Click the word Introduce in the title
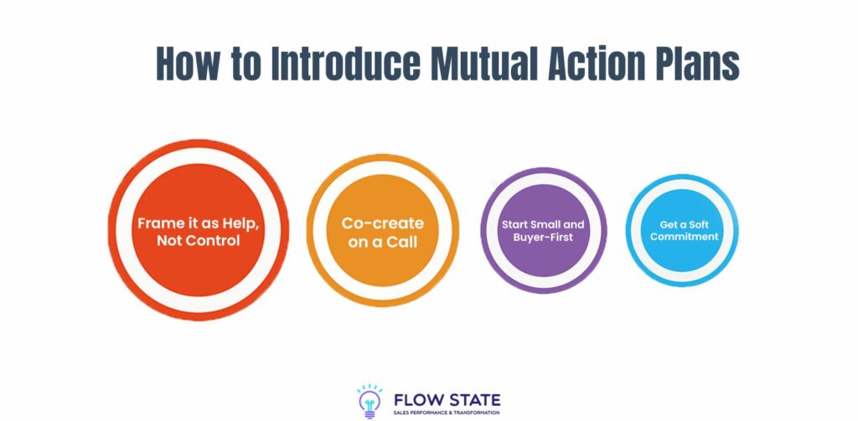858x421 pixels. [x=346, y=64]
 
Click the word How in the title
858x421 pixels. [x=184, y=64]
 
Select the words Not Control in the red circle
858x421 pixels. [x=198, y=240]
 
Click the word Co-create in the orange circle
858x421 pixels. [x=382, y=223]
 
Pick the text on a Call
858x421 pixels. [x=382, y=242]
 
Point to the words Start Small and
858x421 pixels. [x=543, y=224]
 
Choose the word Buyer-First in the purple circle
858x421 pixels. [x=543, y=238]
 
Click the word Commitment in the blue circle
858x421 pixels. [x=684, y=237]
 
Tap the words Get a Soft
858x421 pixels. [x=684, y=224]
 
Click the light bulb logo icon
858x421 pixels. [x=370, y=401]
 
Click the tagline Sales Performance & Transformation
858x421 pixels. [x=447, y=413]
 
